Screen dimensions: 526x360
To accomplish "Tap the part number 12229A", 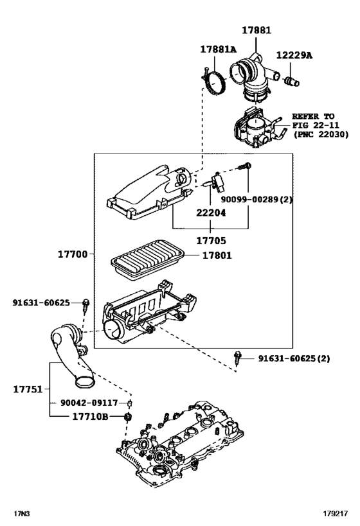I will (294, 56).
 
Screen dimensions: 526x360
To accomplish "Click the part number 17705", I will (211, 242).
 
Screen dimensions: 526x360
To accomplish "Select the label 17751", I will (28, 389).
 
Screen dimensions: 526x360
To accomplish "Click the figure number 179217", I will (336, 514).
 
